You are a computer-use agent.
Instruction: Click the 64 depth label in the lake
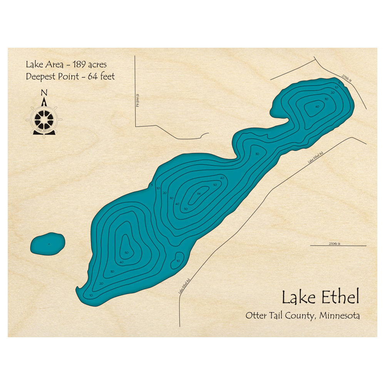(x=199, y=193)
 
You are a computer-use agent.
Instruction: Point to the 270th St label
(x=335, y=244)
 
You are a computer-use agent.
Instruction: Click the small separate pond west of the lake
(x=47, y=245)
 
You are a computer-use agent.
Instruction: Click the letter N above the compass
(x=44, y=92)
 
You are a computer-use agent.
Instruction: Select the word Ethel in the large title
(x=336, y=298)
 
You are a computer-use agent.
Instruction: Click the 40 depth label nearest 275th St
(x=317, y=107)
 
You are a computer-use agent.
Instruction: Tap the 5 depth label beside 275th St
(x=339, y=83)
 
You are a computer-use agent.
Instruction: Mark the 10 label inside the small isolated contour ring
(x=178, y=261)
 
